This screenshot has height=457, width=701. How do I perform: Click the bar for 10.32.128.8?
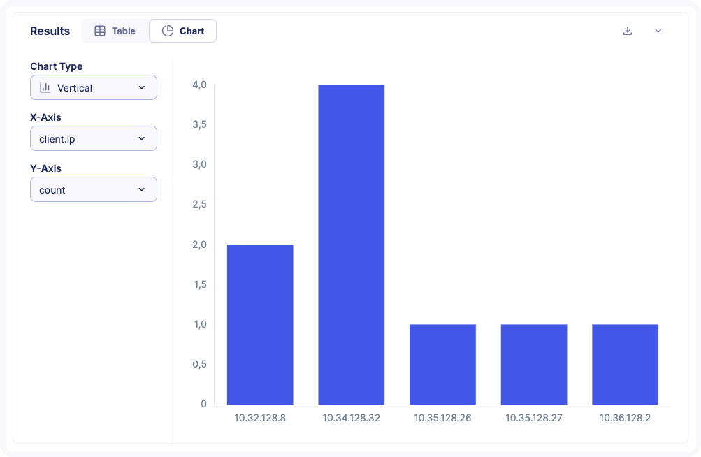pos(260,324)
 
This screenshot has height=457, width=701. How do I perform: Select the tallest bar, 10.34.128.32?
pos(351,245)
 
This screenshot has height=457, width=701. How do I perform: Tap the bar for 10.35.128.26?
pos(442,364)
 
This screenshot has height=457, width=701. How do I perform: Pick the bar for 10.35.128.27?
pos(534,364)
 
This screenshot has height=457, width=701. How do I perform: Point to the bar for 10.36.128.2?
pos(625,364)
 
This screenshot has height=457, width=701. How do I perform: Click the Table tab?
pos(115,31)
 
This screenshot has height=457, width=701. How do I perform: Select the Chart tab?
pos(183,31)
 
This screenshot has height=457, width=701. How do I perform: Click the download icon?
pos(628,31)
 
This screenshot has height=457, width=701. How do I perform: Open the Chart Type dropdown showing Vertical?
pos(94,88)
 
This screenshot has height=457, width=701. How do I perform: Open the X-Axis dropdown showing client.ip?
pos(94,139)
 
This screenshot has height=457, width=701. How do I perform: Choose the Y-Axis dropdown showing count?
pos(94,190)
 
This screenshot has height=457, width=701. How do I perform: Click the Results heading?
pos(50,31)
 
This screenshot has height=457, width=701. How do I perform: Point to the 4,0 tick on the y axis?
pos(199,85)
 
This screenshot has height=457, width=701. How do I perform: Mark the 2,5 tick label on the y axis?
pos(199,205)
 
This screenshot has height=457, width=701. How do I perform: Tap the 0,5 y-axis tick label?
pos(199,364)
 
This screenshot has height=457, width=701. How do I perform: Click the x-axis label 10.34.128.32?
pos(351,418)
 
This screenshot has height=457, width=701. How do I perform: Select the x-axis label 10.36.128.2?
pos(625,418)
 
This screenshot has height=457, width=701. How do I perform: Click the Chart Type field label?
pos(56,66)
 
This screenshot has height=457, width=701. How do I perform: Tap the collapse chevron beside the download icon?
pos(658,31)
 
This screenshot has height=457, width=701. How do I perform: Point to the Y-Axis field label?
pos(45,168)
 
